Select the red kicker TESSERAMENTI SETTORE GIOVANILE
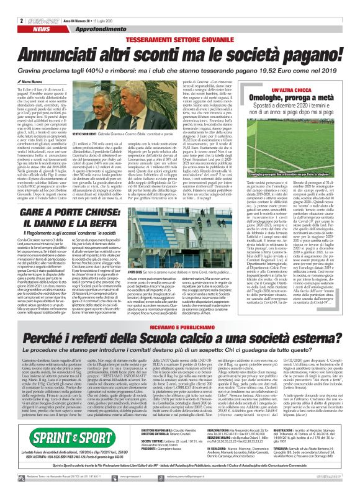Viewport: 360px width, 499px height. pos(181,20)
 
